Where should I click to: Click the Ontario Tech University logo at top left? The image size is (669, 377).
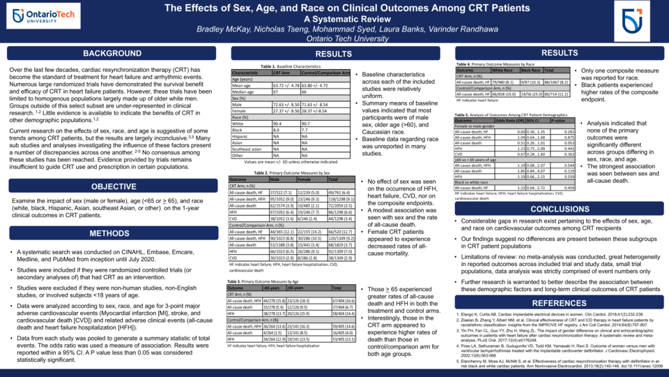tap(40, 17)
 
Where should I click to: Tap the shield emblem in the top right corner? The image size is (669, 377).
tap(633, 21)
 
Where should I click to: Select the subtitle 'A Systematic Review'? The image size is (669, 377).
tap(334, 19)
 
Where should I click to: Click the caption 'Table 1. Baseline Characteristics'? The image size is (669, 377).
tap(288, 66)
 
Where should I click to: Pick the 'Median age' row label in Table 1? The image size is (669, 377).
tap(245, 91)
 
